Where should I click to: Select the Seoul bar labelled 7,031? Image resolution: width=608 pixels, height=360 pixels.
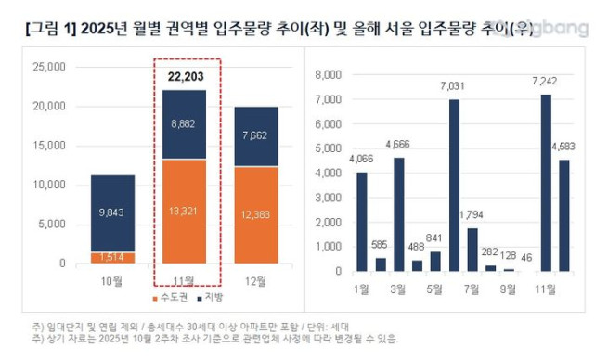pyautogui.click(x=455, y=185)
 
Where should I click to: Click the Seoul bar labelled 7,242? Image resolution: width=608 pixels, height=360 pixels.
pyautogui.click(x=546, y=182)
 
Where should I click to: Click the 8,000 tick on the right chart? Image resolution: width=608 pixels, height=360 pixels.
pyautogui.click(x=330, y=74)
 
